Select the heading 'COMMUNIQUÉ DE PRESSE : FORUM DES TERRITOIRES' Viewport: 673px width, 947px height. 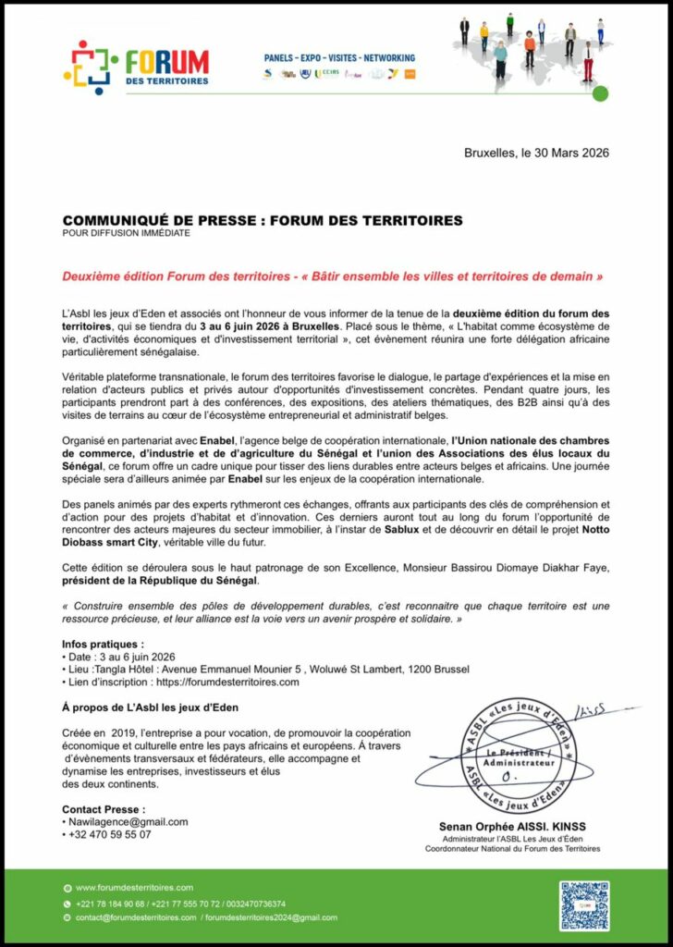263,221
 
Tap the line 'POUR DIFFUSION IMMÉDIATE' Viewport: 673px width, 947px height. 126,233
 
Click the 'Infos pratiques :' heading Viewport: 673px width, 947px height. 104,643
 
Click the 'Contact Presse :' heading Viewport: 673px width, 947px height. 104,809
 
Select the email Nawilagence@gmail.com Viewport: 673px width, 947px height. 128,821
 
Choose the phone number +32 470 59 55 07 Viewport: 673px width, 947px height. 110,834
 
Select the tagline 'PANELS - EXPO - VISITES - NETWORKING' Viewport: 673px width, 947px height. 339,57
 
